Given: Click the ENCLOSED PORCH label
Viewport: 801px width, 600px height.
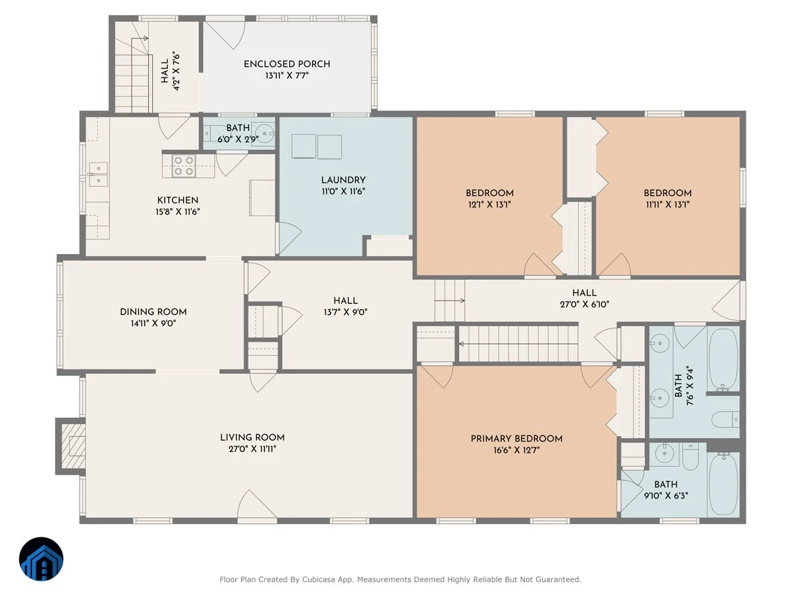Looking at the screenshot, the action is [x=287, y=64].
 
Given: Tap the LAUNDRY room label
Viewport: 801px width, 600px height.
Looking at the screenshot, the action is [x=343, y=180].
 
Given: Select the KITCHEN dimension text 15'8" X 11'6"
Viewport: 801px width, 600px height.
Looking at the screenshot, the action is [x=178, y=211].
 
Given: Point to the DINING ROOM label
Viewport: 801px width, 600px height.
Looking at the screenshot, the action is [x=154, y=312].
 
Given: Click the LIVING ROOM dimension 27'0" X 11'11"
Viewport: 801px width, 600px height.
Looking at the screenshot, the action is [x=252, y=449].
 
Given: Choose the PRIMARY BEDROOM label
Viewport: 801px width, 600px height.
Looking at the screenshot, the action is [x=517, y=439].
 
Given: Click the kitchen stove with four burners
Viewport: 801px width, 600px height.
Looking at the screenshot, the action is [x=184, y=166].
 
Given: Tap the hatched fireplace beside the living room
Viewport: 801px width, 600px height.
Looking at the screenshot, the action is [x=73, y=446].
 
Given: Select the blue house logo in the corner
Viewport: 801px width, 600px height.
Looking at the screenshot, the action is [x=41, y=559].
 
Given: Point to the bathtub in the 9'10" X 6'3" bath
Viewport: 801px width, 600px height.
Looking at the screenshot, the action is [x=723, y=484].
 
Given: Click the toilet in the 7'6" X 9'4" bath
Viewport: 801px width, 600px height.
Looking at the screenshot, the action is [x=725, y=420].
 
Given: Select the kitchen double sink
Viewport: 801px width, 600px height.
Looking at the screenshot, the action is [x=99, y=174].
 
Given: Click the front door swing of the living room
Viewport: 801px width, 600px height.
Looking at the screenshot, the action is [x=256, y=504].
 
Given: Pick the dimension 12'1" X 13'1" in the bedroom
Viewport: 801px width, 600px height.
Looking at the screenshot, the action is [x=489, y=205].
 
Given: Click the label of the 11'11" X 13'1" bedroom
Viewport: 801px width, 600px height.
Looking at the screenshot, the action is [x=667, y=193].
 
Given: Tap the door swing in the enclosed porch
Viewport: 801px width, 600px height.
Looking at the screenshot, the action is [x=224, y=35].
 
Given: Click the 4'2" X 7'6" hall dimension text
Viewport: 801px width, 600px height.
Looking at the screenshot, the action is [x=177, y=71].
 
